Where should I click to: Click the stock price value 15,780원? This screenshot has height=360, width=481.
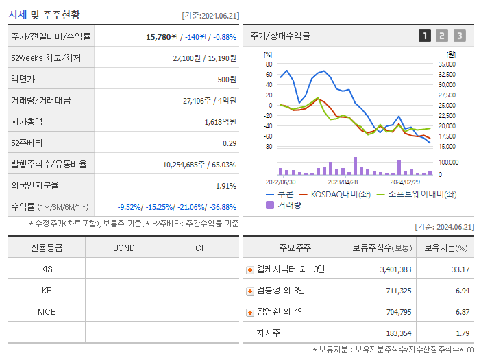pos(163,37)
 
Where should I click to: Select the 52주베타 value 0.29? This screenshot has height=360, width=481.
pos(229,143)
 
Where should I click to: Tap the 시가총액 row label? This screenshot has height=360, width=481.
pos(27,122)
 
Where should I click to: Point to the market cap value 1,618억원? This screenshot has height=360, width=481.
pos(220,122)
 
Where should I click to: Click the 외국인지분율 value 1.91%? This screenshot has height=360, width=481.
pos(225,186)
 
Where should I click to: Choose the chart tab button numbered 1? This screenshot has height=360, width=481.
pos(425,36)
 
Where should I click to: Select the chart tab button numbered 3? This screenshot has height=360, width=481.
pos(459,36)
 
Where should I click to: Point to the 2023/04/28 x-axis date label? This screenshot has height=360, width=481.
pos(343,182)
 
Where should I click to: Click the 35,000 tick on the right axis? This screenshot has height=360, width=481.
pos(446,64)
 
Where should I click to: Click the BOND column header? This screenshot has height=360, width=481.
pos(123,248)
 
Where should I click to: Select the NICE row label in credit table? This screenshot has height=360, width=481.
pos(47,311)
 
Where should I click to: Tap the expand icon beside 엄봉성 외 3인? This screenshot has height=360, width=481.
pos(250,291)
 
